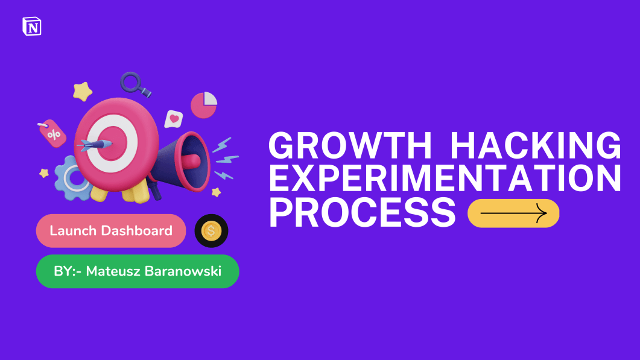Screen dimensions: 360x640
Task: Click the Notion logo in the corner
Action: tap(31, 27)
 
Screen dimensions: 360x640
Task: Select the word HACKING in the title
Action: tap(536, 147)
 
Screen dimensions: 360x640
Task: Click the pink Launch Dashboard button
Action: tap(111, 231)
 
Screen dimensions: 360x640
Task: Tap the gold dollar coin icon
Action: tap(211, 230)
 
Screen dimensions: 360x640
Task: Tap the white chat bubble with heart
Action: tap(174, 119)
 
